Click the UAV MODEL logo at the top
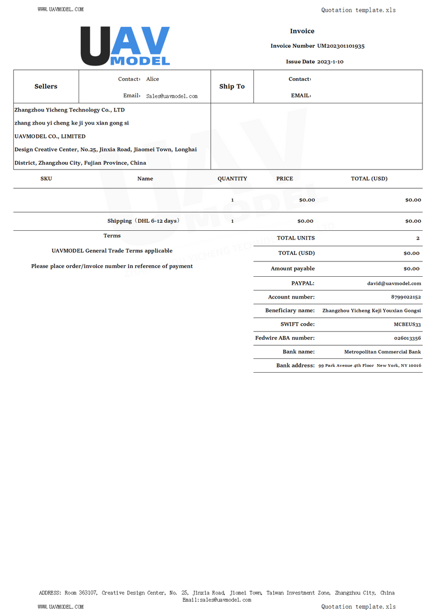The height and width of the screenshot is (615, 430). tap(125, 46)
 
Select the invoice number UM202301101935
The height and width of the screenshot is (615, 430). tap(341, 46)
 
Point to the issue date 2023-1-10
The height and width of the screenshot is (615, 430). tap(330, 61)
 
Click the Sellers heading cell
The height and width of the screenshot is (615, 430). tap(46, 87)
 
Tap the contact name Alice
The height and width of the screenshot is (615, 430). tap(153, 79)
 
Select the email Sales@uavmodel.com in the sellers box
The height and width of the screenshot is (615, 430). tap(171, 96)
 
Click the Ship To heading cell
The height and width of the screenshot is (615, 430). tap(232, 87)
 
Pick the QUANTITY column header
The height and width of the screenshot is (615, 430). tap(232, 179)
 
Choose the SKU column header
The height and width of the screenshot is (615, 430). tap(46, 179)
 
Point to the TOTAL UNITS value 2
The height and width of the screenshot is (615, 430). tap(418, 238)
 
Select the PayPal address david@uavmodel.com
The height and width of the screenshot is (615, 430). tap(394, 284)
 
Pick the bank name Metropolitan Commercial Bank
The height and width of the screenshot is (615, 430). tap(382, 352)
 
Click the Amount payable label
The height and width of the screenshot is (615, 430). tap(292, 269)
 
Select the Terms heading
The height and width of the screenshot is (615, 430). tap(112, 236)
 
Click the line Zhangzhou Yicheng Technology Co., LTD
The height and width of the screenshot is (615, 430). tap(69, 110)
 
